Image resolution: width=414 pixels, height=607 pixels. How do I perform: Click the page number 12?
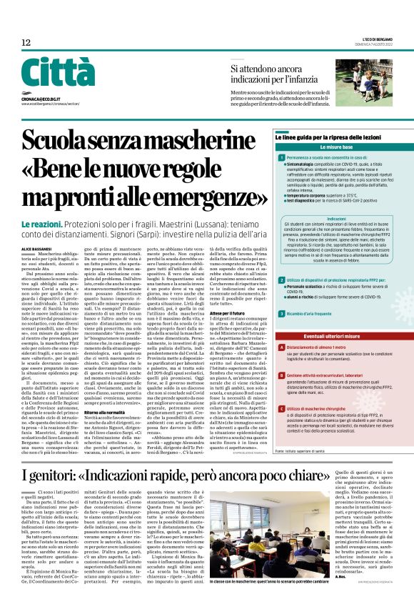point(25,43)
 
